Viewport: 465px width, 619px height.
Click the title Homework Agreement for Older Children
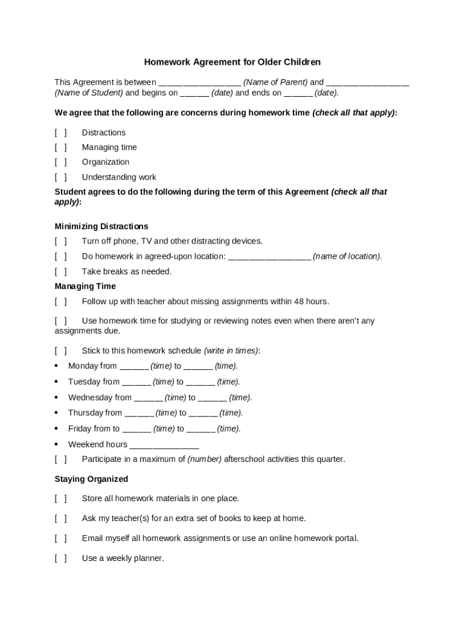coord(232,62)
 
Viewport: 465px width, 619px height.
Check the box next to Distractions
coord(60,133)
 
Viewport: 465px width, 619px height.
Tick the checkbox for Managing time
coord(60,147)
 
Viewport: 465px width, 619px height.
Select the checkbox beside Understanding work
coord(60,178)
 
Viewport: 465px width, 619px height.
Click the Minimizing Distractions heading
coord(101,227)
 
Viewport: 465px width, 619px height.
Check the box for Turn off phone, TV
coord(60,241)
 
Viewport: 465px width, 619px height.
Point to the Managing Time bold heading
coord(85,287)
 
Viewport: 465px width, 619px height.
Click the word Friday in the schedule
coord(80,429)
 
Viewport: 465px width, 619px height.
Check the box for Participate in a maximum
coord(60,459)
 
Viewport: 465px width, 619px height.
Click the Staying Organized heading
coord(91,479)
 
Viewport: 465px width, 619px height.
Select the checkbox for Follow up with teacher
coord(60,302)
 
